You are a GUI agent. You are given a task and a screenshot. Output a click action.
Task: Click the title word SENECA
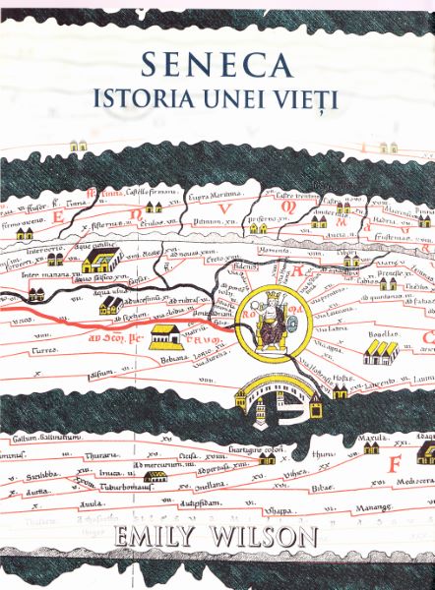(217, 65)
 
